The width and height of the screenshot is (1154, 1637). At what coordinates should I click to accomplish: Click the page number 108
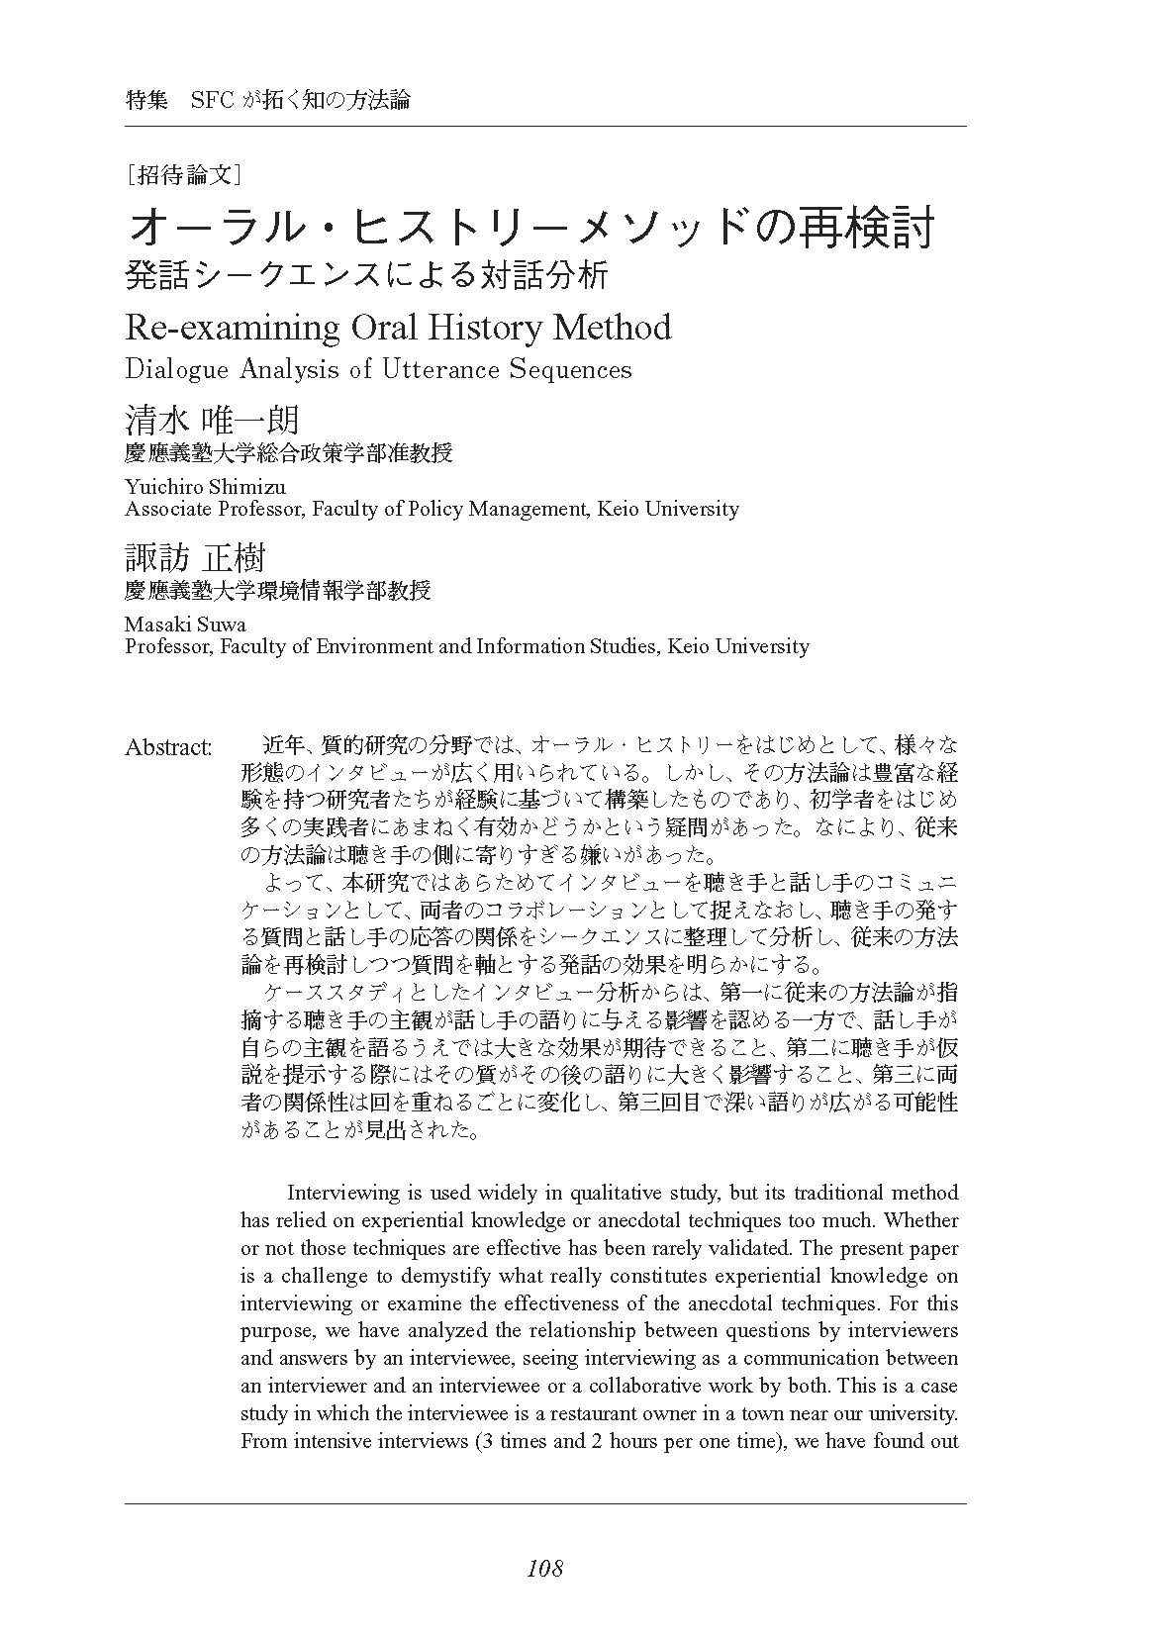544,1568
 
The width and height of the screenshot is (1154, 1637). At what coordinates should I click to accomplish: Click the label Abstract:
168,747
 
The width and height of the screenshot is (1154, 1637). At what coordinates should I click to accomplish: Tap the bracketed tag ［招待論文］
185,175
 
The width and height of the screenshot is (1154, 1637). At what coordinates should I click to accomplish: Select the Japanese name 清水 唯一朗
212,420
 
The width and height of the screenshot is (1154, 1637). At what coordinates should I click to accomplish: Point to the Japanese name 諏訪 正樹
195,558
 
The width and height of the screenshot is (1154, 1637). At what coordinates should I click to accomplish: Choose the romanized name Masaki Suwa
185,624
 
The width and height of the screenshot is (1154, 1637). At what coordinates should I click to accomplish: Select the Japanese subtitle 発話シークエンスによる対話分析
366,275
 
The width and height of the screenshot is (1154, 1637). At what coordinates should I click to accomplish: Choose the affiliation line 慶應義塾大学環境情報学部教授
278,591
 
